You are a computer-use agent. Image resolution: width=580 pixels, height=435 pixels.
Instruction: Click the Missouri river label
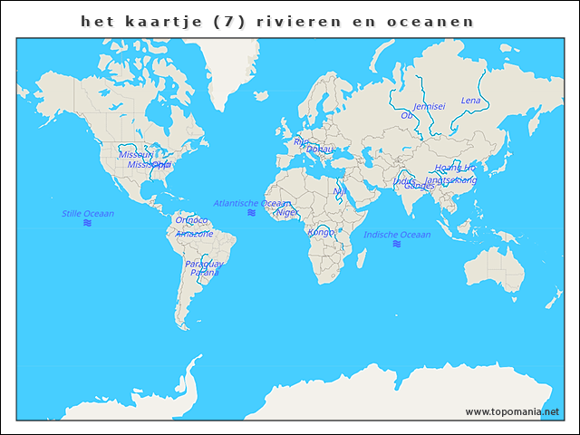[136, 155]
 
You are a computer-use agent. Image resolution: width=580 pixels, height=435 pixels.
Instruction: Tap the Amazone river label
[195, 234]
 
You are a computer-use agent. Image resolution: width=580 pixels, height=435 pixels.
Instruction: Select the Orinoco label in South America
[191, 220]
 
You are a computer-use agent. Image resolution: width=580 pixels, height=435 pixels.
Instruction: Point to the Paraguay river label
[204, 264]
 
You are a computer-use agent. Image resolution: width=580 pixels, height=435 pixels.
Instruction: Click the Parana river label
[204, 273]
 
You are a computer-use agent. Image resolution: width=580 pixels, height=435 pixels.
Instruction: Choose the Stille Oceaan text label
[88, 214]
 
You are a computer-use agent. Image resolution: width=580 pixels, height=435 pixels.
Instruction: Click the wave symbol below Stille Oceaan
[88, 223]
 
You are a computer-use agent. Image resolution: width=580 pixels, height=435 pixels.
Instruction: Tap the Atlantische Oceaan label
[251, 203]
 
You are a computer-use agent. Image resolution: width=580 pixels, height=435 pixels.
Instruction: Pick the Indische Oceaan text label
[397, 235]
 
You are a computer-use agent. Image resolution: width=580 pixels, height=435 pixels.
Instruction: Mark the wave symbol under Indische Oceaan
[396, 245]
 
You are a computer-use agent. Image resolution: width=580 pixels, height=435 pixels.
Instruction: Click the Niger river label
[287, 212]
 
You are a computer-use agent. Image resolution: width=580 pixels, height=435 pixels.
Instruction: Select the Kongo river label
[321, 232]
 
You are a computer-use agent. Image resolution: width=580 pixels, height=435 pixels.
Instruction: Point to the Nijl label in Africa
[340, 191]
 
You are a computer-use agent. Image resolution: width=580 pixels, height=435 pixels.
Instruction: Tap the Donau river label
[320, 149]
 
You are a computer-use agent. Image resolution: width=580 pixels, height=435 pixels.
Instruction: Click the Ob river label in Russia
[406, 115]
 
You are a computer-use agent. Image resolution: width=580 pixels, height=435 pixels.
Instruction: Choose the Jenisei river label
[429, 106]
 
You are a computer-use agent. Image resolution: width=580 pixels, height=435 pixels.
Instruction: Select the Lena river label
[470, 101]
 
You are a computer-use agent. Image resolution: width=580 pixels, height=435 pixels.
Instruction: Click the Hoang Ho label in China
[454, 168]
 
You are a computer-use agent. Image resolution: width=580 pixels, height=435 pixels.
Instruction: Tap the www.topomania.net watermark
[512, 411]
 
